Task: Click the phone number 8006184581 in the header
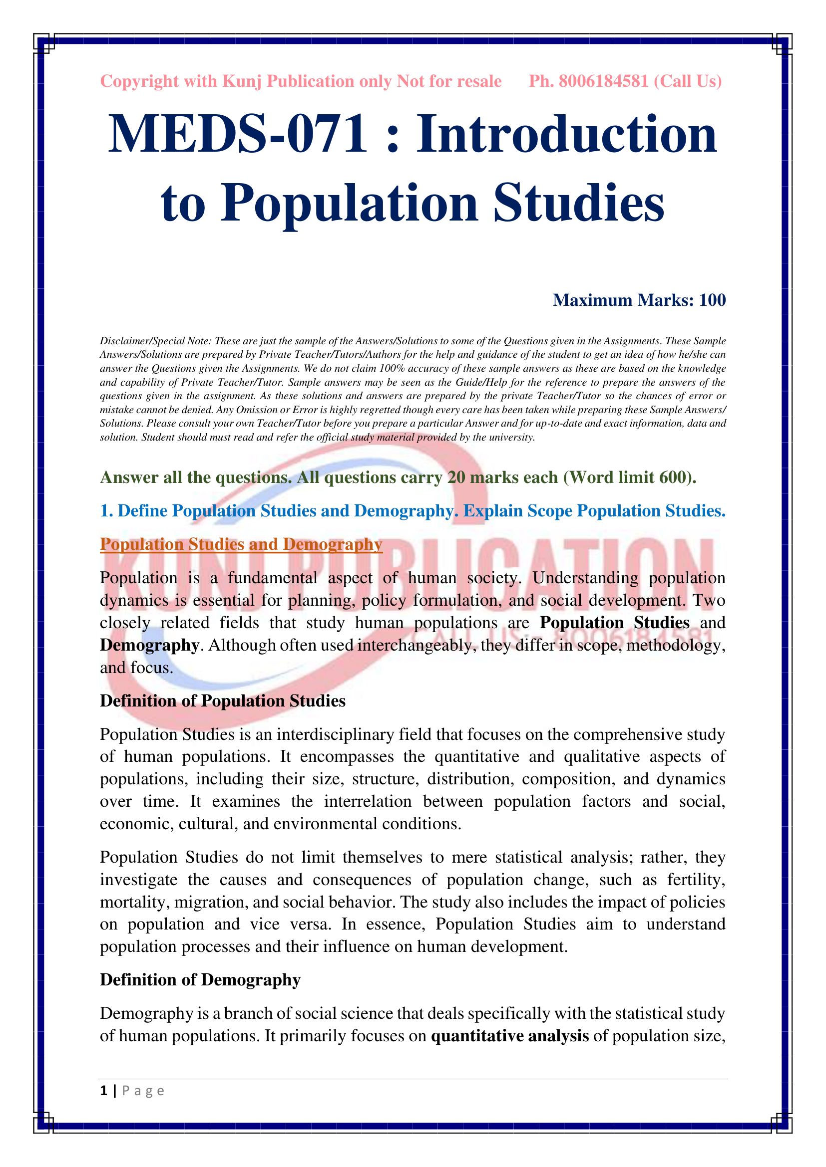603,81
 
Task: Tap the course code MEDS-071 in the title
238,134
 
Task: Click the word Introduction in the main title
567,134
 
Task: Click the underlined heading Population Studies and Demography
241,544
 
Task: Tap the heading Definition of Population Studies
222,701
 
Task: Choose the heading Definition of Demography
200,980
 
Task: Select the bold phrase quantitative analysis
510,1036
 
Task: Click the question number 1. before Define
106,511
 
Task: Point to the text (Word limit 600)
630,477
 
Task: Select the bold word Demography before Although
149,645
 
